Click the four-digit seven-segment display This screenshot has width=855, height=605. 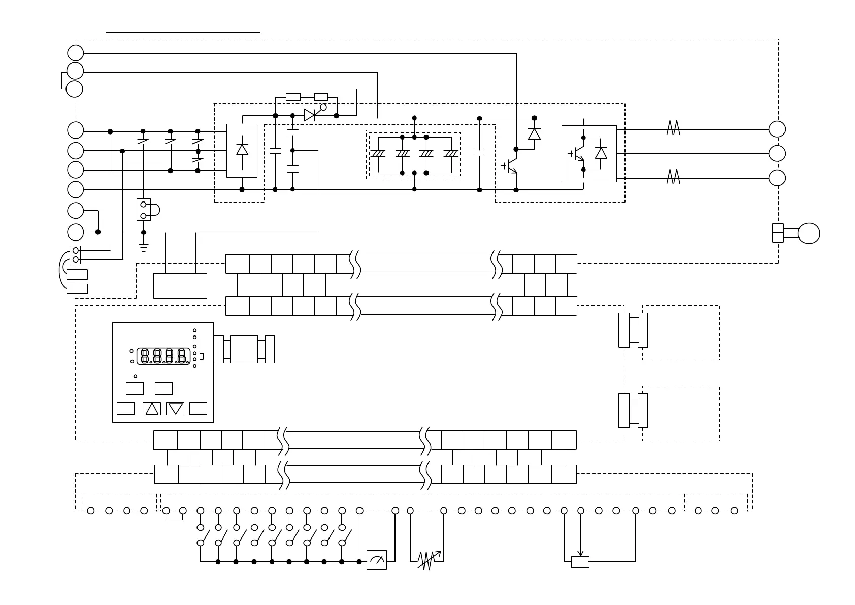164,356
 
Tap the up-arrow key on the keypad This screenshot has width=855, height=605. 152,409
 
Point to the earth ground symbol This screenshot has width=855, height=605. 144,248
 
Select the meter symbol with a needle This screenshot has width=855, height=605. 377,560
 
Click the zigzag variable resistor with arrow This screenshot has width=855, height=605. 430,560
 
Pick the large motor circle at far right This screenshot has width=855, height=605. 808,233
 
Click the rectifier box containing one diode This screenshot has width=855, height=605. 242,151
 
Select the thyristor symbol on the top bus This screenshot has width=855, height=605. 310,115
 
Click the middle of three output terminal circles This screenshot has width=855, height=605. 777,153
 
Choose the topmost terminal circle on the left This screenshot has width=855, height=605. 75,52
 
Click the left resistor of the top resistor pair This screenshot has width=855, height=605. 293,97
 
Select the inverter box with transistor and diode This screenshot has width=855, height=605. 589,153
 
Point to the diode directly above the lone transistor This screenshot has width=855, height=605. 534,133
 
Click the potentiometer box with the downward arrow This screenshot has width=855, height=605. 580,562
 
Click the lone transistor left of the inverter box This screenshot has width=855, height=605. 511,166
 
